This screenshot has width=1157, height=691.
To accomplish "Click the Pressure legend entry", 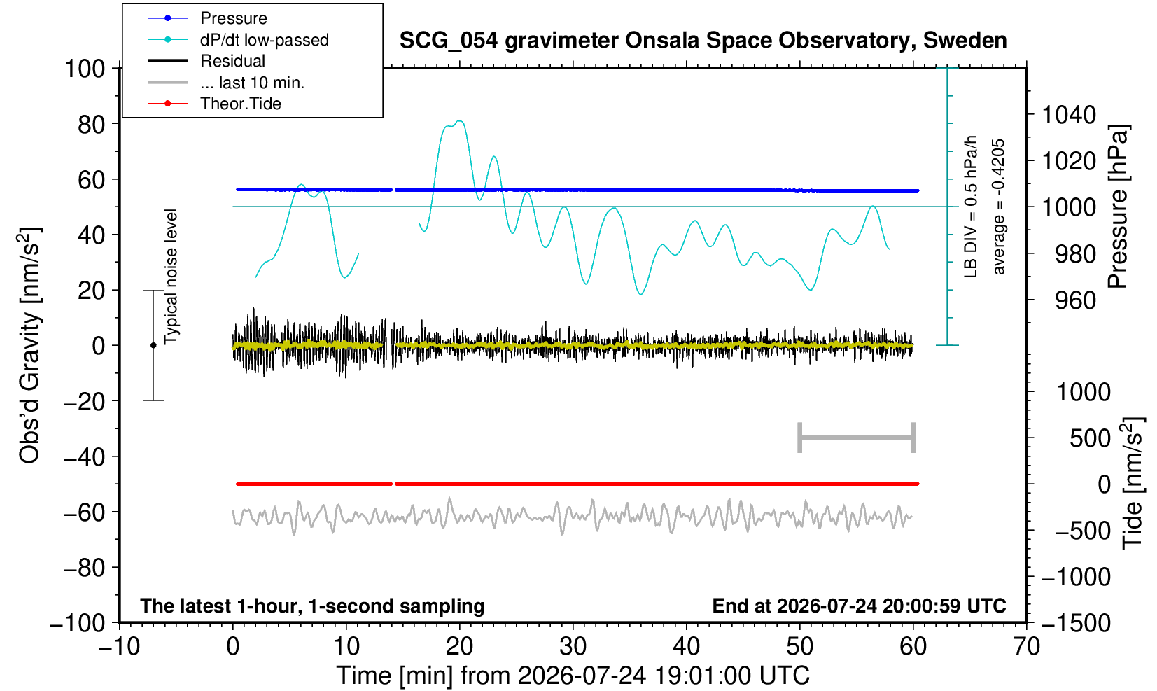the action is (x=234, y=18).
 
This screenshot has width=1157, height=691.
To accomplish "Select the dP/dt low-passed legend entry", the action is (x=265, y=40).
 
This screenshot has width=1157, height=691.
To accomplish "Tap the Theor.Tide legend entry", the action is (x=241, y=104).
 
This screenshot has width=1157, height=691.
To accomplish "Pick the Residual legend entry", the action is (x=232, y=61).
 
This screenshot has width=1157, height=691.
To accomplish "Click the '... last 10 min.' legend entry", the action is (x=252, y=83).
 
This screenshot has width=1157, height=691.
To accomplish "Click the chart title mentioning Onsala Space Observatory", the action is (x=703, y=40).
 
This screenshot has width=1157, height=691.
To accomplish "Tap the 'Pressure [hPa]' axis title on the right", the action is (x=1119, y=207).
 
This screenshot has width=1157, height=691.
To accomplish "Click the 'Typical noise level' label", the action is (x=171, y=277).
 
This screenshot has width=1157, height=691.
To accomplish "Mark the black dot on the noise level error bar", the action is (x=153, y=345).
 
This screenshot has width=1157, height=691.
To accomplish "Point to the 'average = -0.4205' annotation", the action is (x=998, y=207).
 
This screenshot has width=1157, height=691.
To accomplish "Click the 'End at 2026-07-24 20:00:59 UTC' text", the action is (x=859, y=606).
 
